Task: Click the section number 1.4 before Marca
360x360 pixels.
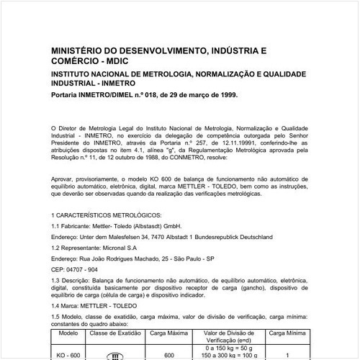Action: (58, 304)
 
